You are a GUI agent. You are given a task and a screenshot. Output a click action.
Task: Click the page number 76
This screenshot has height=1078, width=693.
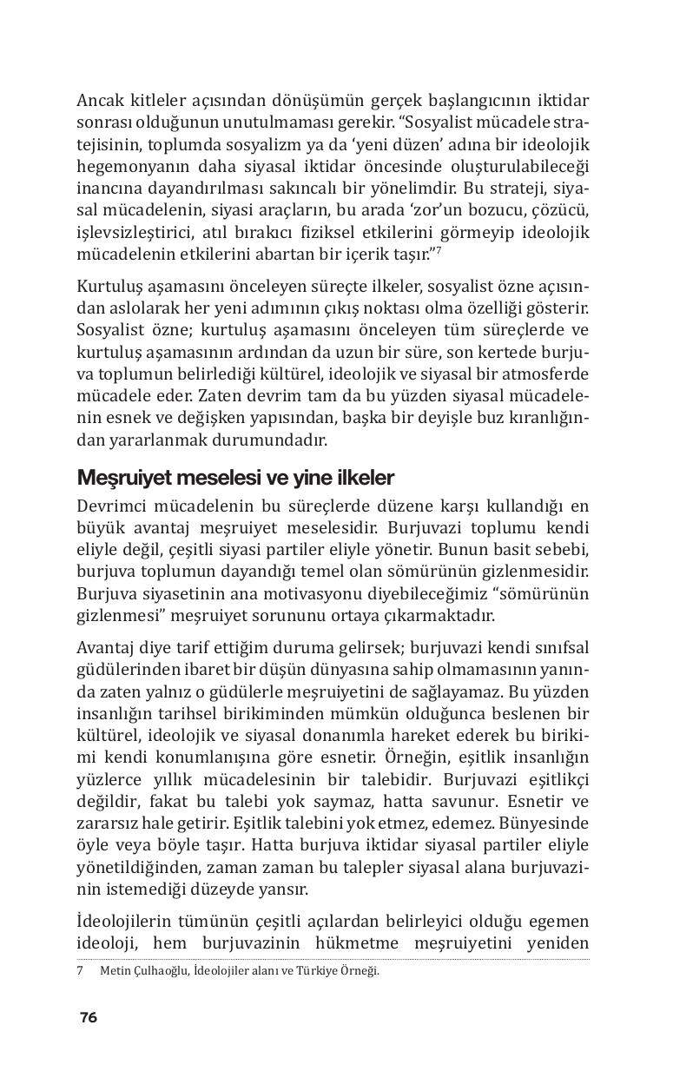pos(88,1017)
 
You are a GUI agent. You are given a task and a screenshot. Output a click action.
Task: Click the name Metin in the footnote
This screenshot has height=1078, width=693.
pos(115,970)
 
